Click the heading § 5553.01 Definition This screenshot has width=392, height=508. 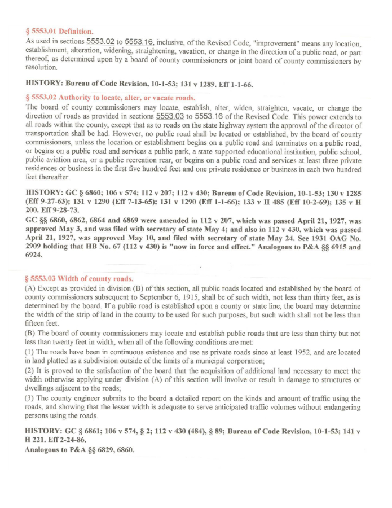point(59,32)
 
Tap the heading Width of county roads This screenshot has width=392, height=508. point(80,279)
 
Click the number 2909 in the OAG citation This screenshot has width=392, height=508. point(36,247)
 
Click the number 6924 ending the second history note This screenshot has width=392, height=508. point(36,255)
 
